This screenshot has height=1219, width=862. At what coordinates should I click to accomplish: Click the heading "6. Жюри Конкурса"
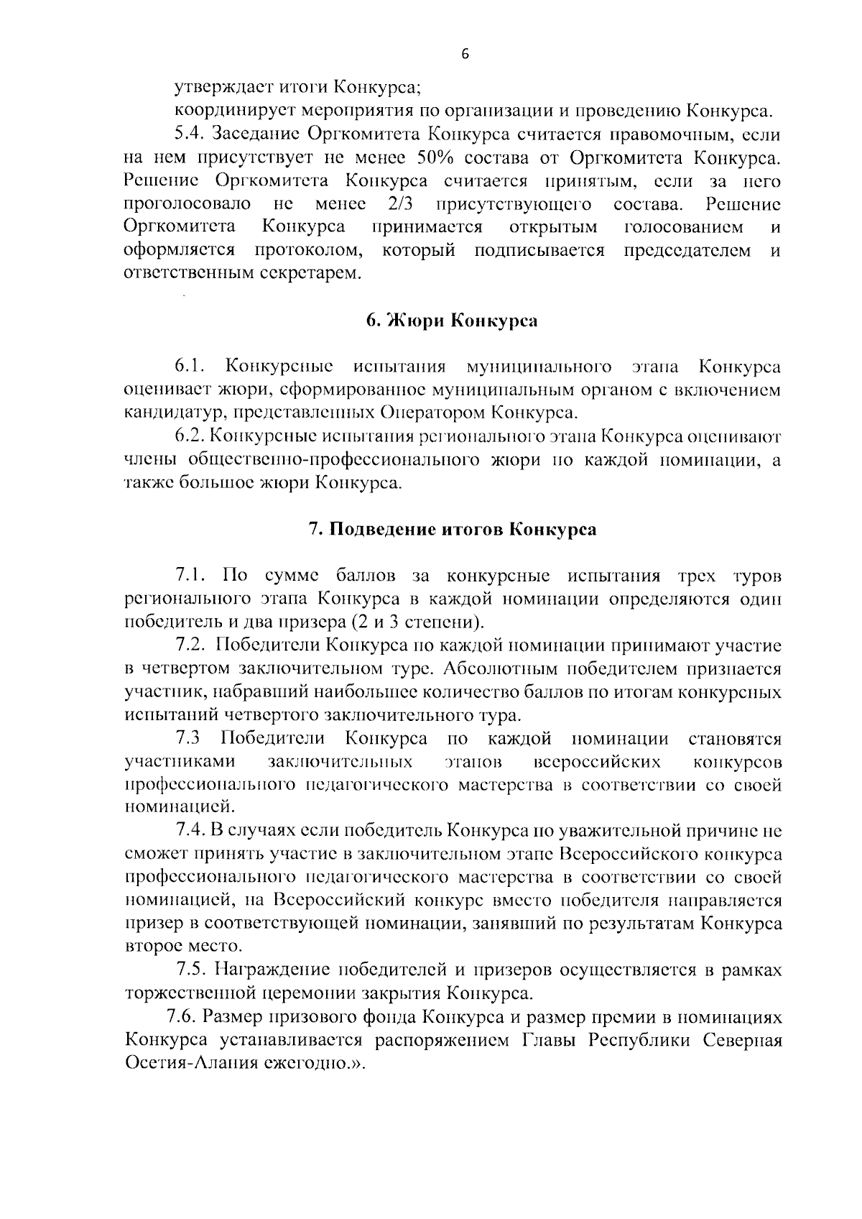click(x=451, y=321)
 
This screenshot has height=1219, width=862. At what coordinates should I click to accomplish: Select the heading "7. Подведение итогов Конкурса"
click(x=453, y=530)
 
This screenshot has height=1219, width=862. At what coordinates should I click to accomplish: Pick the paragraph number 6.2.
click(x=191, y=437)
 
